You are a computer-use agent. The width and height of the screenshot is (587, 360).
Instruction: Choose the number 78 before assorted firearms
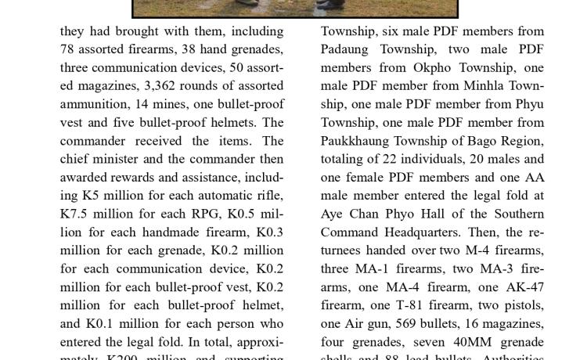tap(69, 49)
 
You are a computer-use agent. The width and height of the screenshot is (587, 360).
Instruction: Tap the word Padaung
tap(348, 49)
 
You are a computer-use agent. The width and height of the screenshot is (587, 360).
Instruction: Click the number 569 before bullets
tap(408, 323)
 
